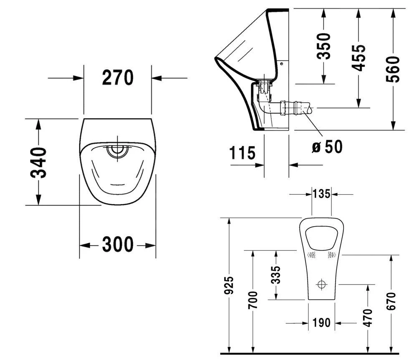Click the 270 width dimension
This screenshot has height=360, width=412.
(x=118, y=78)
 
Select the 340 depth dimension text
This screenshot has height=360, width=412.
(x=39, y=162)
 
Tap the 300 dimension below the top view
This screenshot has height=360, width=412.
(x=118, y=245)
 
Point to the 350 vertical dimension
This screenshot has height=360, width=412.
(x=324, y=45)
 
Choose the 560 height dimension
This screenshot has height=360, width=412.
(x=393, y=69)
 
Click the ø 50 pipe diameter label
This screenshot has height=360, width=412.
(x=327, y=146)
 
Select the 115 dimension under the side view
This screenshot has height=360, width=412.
(x=243, y=153)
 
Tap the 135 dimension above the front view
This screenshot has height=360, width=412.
(x=321, y=194)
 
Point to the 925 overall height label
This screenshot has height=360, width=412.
(x=229, y=285)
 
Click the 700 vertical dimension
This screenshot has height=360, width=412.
(x=253, y=300)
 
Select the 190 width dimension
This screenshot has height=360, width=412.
(x=321, y=322)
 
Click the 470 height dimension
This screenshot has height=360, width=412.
(x=368, y=317)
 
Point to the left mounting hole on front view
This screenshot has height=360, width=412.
(x=311, y=255)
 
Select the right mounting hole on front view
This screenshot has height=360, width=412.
(x=331, y=255)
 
